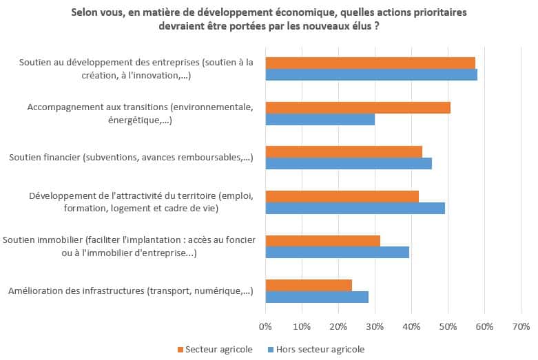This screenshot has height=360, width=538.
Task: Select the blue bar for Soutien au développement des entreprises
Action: [x=371, y=75]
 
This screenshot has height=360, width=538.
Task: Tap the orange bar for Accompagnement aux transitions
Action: [x=358, y=107]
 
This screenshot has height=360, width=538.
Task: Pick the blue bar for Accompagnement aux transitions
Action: [x=320, y=120]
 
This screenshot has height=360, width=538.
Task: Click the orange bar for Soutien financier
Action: [x=344, y=151]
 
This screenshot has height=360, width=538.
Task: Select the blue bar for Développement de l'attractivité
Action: [x=355, y=208]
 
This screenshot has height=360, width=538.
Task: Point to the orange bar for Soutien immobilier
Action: [x=322, y=240]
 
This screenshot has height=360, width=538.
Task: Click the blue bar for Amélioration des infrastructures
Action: [x=317, y=297]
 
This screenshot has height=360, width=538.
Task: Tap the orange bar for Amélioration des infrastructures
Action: [x=309, y=285]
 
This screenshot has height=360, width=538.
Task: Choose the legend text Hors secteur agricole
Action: [x=320, y=349]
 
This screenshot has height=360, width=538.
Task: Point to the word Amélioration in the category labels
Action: [x=37, y=291]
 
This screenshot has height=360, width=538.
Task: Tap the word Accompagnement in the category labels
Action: [x=63, y=107]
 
